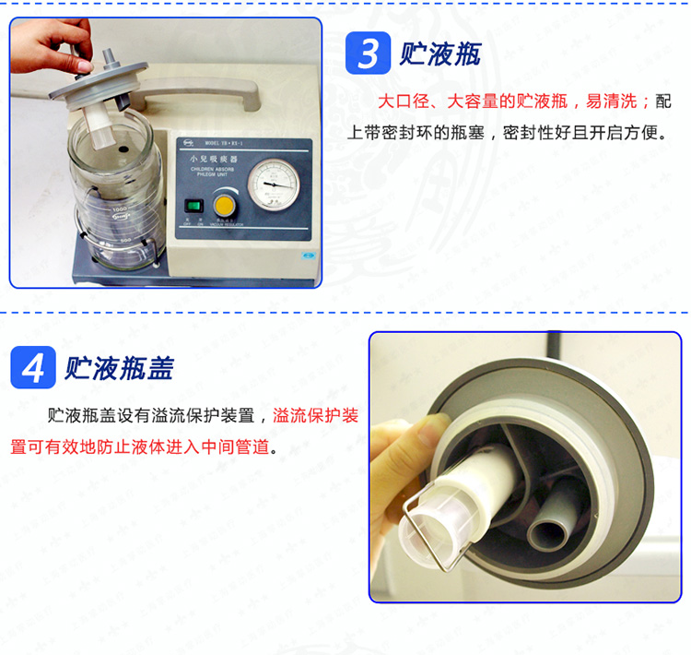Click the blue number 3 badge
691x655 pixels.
click(368, 54)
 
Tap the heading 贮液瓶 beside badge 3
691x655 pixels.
click(440, 54)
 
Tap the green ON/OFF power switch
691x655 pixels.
click(193, 206)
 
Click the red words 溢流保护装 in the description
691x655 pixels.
click(316, 416)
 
